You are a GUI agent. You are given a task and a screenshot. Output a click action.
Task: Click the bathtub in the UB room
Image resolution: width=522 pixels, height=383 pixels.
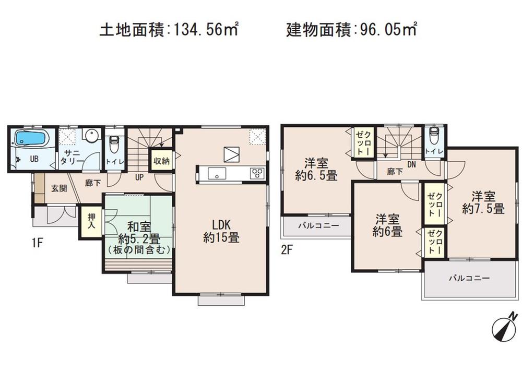31,138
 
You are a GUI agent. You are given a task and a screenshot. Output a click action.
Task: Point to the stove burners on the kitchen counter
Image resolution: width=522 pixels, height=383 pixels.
256,173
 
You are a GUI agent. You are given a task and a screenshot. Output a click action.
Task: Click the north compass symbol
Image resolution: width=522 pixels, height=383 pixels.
504,326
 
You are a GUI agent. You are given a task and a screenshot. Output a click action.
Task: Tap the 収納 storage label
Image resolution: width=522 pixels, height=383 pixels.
161,161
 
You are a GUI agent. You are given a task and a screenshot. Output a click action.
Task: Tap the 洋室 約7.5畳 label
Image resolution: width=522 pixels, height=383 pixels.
483,204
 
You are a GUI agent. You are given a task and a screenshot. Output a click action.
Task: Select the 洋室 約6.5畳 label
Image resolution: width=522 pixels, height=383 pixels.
316,169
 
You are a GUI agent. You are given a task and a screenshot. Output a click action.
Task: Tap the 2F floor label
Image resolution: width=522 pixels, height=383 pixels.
287,249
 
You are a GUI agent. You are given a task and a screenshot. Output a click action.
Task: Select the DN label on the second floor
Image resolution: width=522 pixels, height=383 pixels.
411,164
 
